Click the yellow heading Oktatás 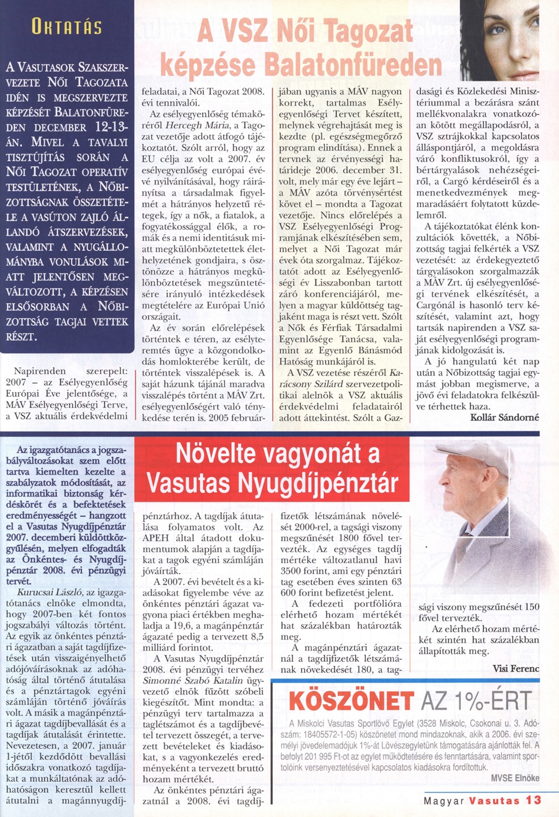point(67,27)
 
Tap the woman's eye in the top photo point(497,29)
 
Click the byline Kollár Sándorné point(504,417)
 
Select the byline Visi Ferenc point(516,668)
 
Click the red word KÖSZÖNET point(351,701)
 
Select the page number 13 point(533,800)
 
